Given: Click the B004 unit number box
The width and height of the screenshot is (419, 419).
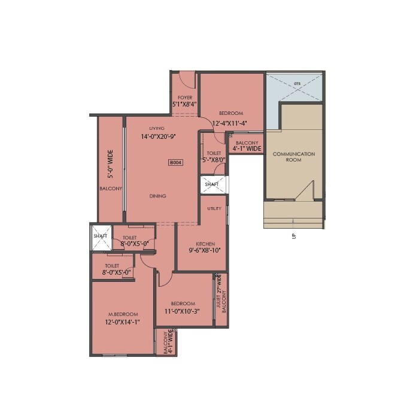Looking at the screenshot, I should pyautogui.click(x=175, y=162).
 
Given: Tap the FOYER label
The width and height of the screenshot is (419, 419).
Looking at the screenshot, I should pyautogui.click(x=184, y=97).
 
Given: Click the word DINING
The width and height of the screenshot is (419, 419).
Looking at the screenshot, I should pyautogui.click(x=158, y=196).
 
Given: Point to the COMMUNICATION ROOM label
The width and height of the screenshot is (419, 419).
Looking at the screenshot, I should pyautogui.click(x=294, y=157).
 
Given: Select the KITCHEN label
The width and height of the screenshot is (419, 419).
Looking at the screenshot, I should pyautogui.click(x=205, y=244).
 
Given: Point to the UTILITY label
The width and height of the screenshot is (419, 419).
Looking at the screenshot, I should pyautogui.click(x=214, y=209).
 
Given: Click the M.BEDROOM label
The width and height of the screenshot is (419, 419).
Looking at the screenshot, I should pyautogui.click(x=123, y=314).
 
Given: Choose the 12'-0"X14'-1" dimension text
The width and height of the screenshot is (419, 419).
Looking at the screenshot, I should pyautogui.click(x=123, y=322).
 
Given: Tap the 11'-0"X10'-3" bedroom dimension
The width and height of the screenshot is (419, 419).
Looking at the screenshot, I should pyautogui.click(x=181, y=311).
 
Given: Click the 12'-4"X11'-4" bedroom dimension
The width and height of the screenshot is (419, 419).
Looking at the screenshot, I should pyautogui.click(x=230, y=124).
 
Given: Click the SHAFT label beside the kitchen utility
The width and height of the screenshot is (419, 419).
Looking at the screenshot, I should pyautogui.click(x=211, y=184).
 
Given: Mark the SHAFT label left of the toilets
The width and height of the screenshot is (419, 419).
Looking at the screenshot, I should pyautogui.click(x=100, y=236).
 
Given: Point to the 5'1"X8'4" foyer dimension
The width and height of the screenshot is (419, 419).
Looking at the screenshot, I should pyautogui.click(x=184, y=104).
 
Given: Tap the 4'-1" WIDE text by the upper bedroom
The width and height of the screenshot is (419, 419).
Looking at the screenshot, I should pyautogui.click(x=247, y=148).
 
